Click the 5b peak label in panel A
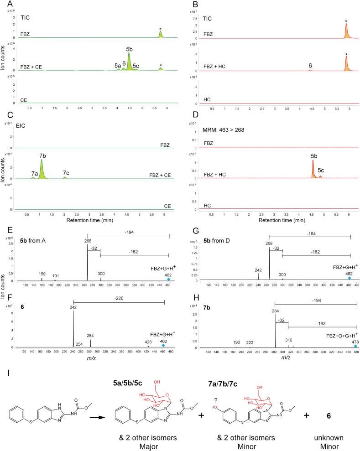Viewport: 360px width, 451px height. pos(130,48)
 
